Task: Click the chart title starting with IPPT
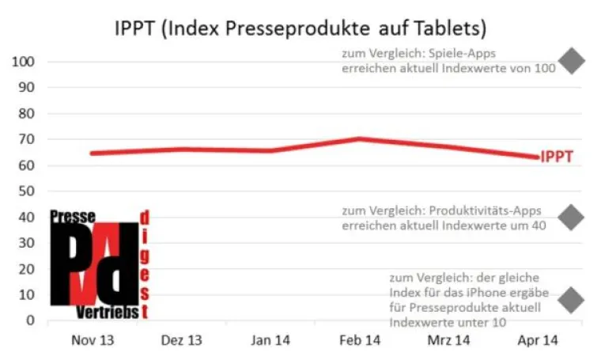pos(300,29)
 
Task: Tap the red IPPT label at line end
pos(557,157)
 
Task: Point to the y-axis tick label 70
pos(27,139)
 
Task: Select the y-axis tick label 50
pos(27,191)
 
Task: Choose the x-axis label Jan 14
pos(269,340)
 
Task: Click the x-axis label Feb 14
pos(359,340)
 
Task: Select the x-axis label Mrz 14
pos(448,340)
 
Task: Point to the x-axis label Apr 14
pos(538,340)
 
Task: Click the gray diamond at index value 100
pos(571,61)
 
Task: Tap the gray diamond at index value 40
pos(571,217)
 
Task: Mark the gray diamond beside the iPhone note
pos(571,300)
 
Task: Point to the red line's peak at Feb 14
pos(359,138)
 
